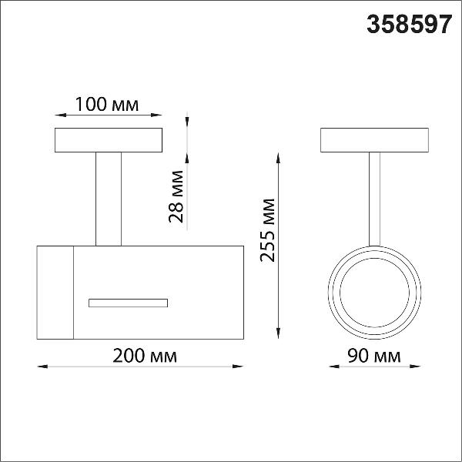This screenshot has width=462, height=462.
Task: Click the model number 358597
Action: pos(410,25)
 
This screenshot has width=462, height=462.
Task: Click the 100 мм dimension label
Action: pos(107,104)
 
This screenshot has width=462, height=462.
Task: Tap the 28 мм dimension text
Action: pos(176,196)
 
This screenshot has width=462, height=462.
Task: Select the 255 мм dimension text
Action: pos(267,230)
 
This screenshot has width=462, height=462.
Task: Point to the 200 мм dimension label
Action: pos(145,356)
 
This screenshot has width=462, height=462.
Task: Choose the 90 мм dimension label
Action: pos(374,356)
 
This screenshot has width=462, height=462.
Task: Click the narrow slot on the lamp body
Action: pos(128,303)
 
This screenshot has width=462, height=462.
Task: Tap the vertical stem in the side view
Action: pos(109,199)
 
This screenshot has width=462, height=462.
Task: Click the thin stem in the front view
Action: pos(374,199)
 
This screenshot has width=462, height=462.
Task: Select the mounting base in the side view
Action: pos(109,140)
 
